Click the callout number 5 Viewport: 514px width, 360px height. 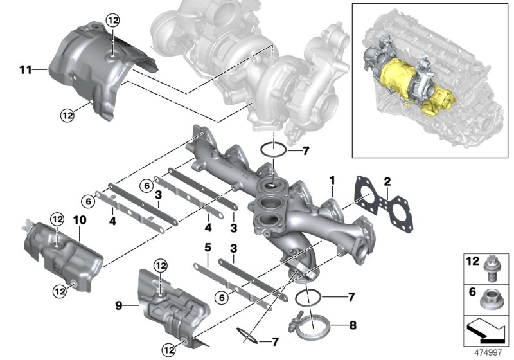[207, 247]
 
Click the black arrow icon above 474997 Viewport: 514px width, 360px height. [486, 330]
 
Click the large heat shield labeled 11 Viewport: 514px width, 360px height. [96, 71]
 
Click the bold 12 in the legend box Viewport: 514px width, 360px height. [472, 261]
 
